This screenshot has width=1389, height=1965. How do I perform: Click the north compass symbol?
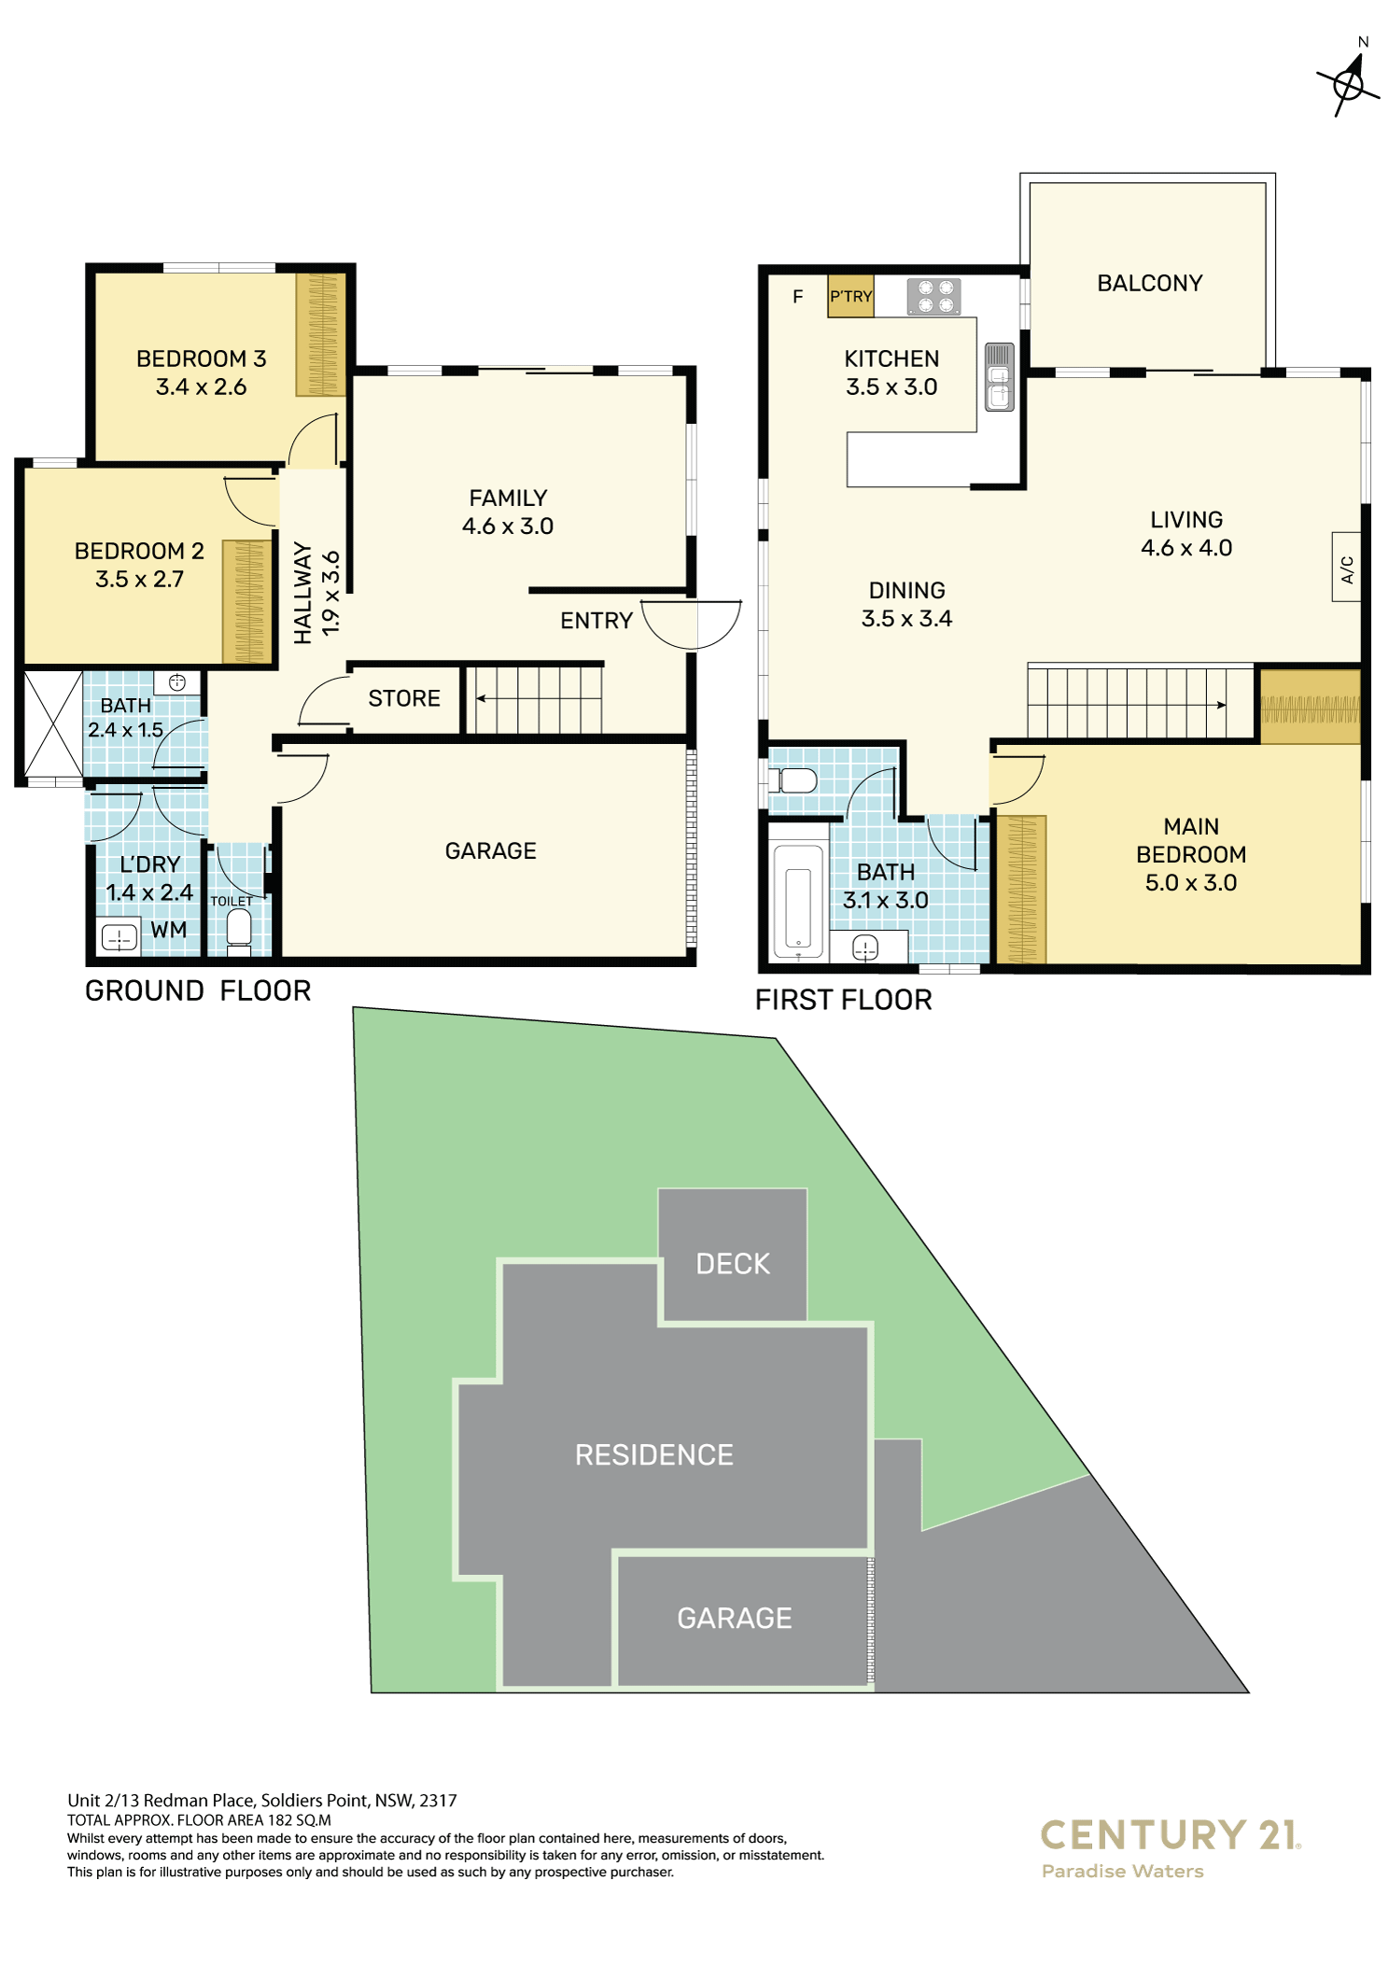[1349, 83]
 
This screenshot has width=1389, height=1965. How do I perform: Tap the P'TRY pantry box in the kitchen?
[850, 296]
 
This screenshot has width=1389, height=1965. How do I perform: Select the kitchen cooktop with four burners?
[933, 297]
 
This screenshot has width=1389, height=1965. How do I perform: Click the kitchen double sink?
[999, 377]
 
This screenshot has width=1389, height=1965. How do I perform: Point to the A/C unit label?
[1346, 568]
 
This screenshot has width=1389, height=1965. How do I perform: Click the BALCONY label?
[1149, 283]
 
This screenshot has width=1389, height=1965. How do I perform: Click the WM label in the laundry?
[169, 930]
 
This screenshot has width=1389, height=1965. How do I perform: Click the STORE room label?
[403, 698]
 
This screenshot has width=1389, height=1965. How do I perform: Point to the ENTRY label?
[596, 621]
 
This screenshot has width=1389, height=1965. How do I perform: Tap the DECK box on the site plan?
[733, 1255]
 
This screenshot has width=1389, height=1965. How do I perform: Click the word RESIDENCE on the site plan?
[653, 1454]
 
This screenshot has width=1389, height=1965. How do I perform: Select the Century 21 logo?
[1170, 1847]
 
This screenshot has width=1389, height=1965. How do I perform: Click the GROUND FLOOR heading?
[198, 990]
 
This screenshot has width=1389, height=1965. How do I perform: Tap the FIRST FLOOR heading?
[843, 1000]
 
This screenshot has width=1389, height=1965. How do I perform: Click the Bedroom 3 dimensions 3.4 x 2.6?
[201, 386]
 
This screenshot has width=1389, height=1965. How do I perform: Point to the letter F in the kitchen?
[798, 297]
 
